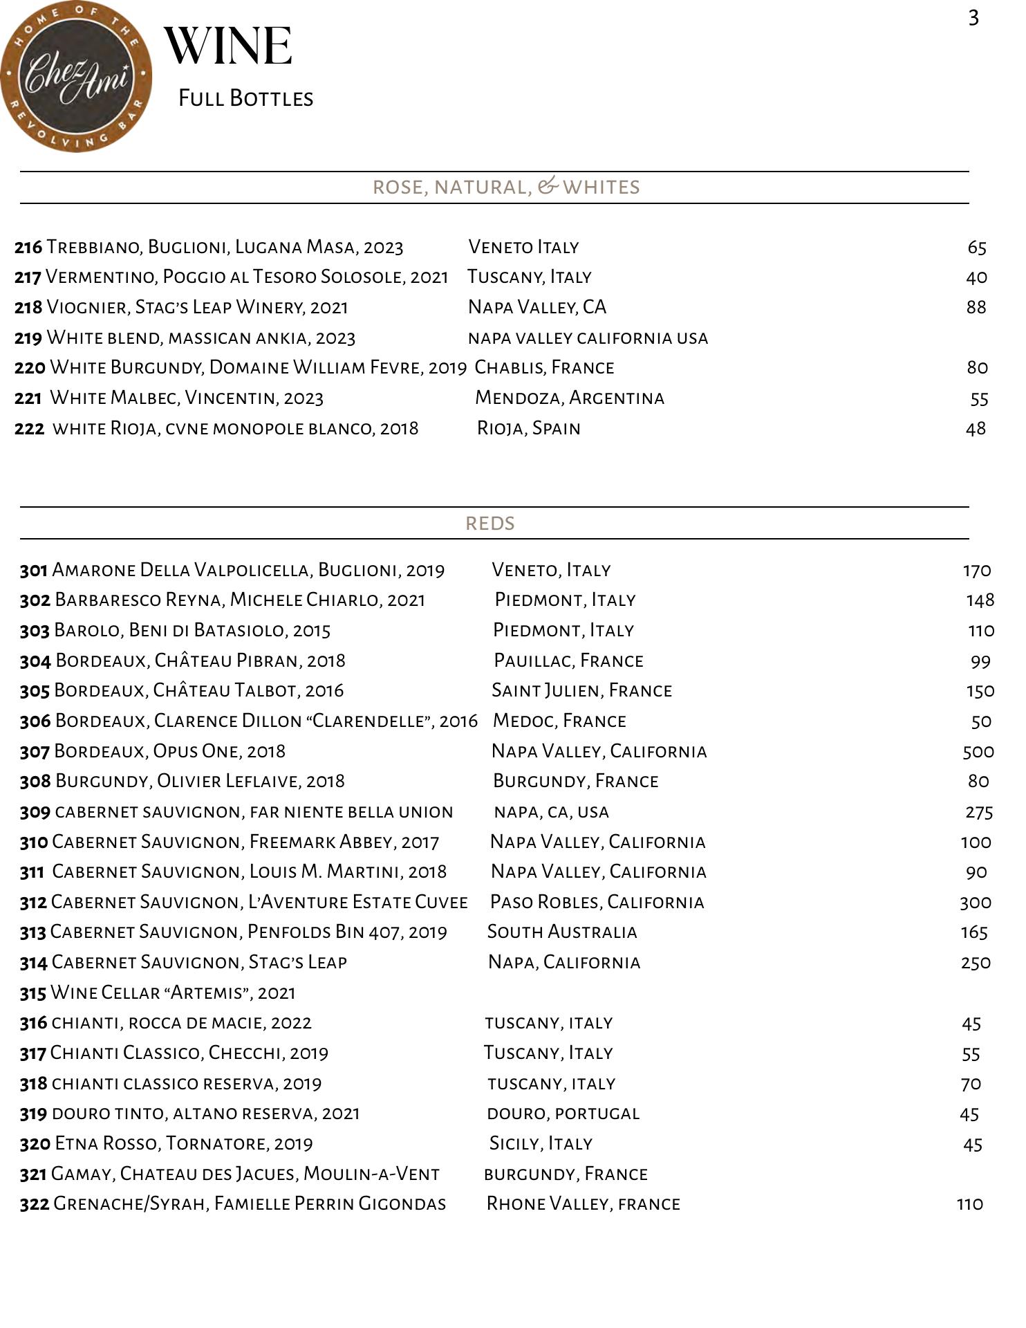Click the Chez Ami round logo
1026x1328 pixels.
76,76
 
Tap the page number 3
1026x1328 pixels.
973,18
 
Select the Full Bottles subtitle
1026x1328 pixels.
245,98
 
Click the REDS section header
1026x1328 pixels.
490,523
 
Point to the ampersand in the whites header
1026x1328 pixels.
548,185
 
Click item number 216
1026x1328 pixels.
28,247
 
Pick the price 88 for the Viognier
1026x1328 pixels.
976,307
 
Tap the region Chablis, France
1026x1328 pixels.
544,367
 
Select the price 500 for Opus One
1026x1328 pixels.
978,751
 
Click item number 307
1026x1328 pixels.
35,751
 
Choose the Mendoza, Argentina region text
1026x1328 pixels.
570,398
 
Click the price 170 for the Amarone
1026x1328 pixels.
977,570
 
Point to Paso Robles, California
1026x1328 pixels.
597,902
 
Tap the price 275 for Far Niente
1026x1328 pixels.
978,811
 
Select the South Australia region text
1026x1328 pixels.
562,932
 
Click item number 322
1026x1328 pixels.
35,1203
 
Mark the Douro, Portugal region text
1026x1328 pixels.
563,1114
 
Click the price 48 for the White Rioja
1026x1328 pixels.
976,429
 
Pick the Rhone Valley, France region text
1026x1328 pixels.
584,1203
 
